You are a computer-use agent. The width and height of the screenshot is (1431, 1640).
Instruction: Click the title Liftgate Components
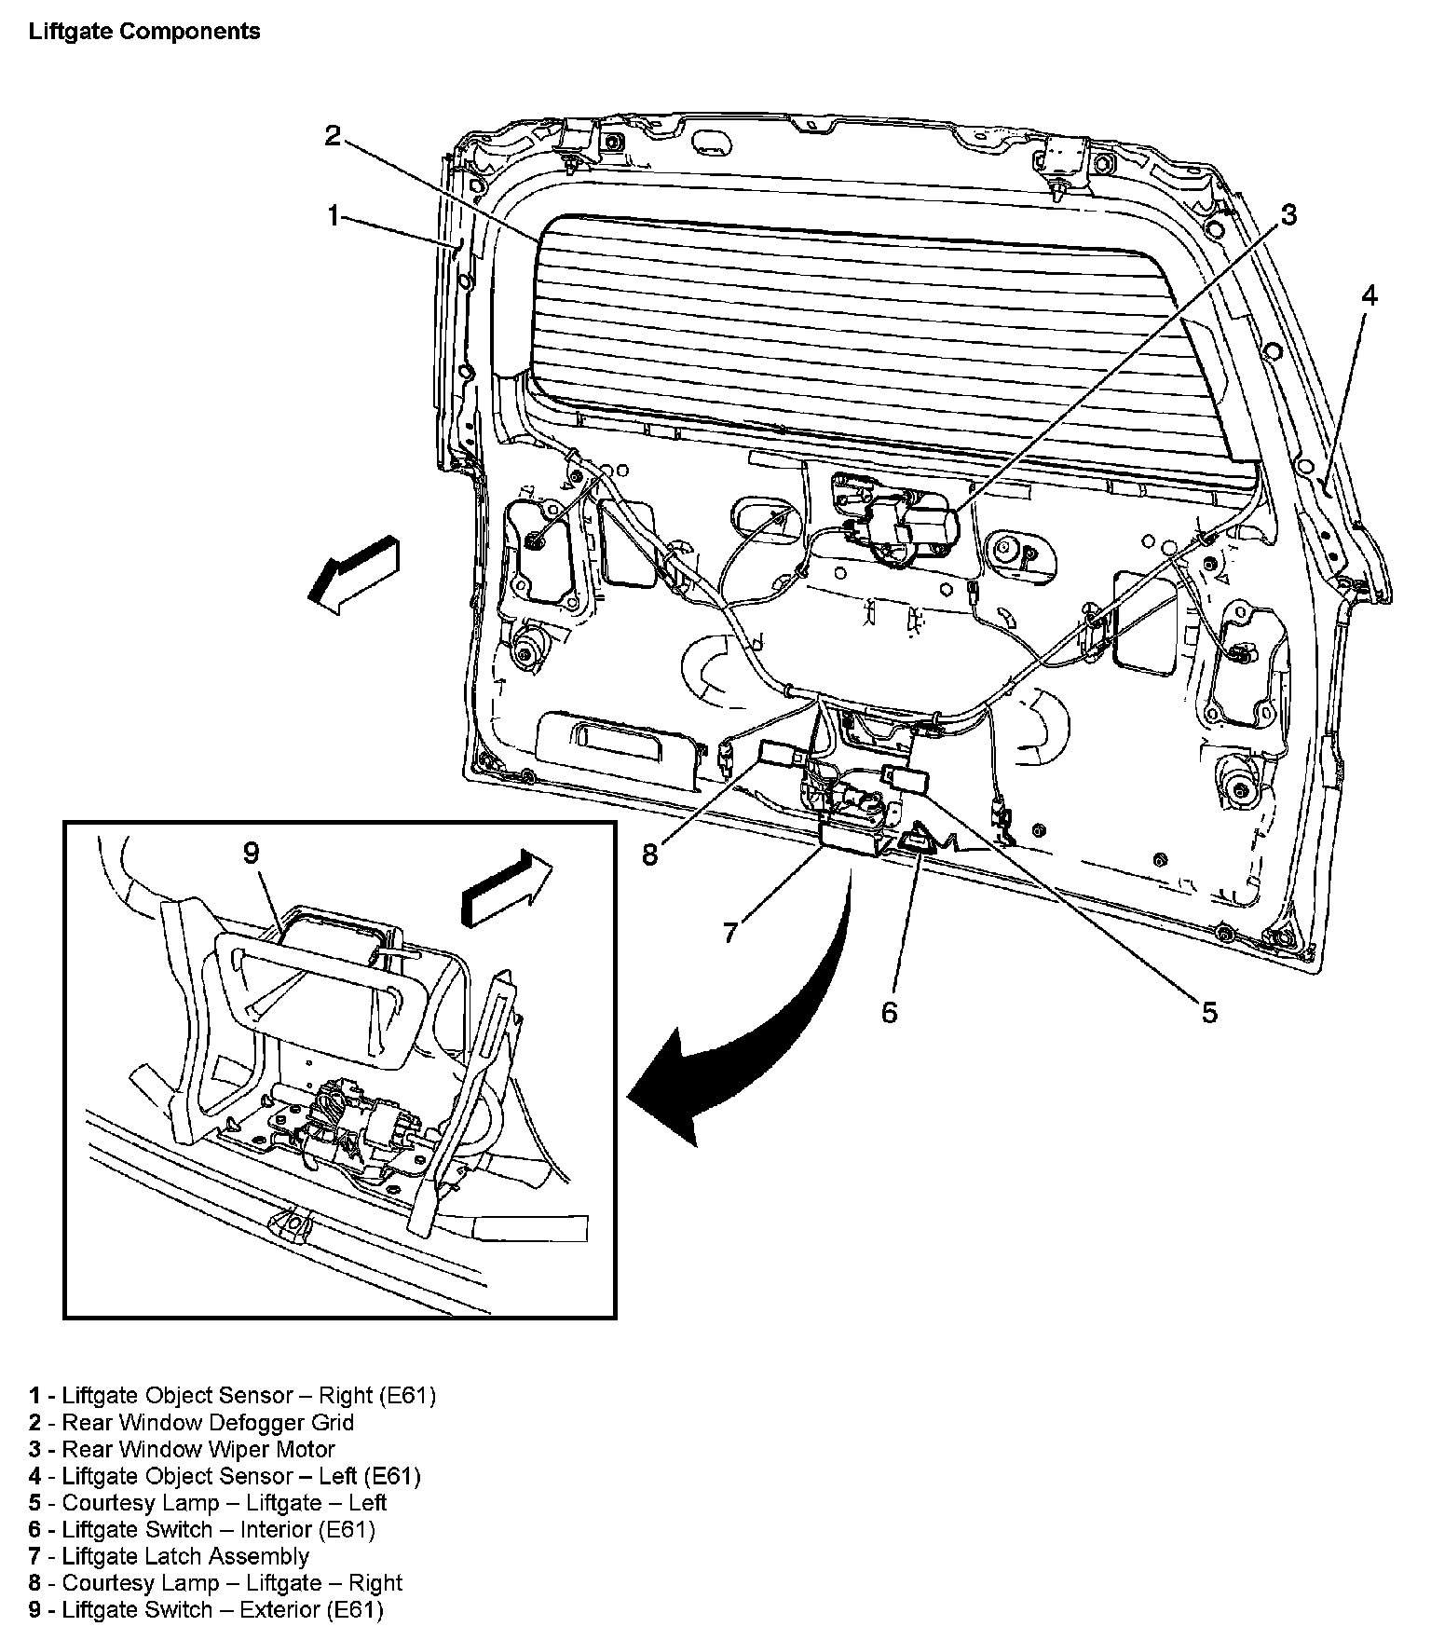click(144, 32)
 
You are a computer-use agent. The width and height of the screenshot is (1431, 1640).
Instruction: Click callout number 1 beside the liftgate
click(333, 216)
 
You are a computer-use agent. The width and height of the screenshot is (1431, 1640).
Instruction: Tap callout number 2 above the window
click(334, 136)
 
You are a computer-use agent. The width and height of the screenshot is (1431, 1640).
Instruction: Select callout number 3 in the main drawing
click(1288, 215)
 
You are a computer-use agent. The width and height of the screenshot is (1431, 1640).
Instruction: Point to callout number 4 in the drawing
click(1369, 295)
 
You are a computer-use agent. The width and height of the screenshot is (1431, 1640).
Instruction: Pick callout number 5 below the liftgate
click(1209, 1012)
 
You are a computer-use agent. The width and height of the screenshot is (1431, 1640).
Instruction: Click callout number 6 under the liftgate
click(889, 1012)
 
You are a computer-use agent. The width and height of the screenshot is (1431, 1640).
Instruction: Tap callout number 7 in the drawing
click(730, 931)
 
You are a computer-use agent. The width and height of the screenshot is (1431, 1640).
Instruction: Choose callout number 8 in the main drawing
click(650, 854)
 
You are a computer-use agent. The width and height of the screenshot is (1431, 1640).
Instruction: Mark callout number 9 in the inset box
click(251, 853)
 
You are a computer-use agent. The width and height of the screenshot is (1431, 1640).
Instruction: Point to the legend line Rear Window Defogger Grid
click(208, 1423)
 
